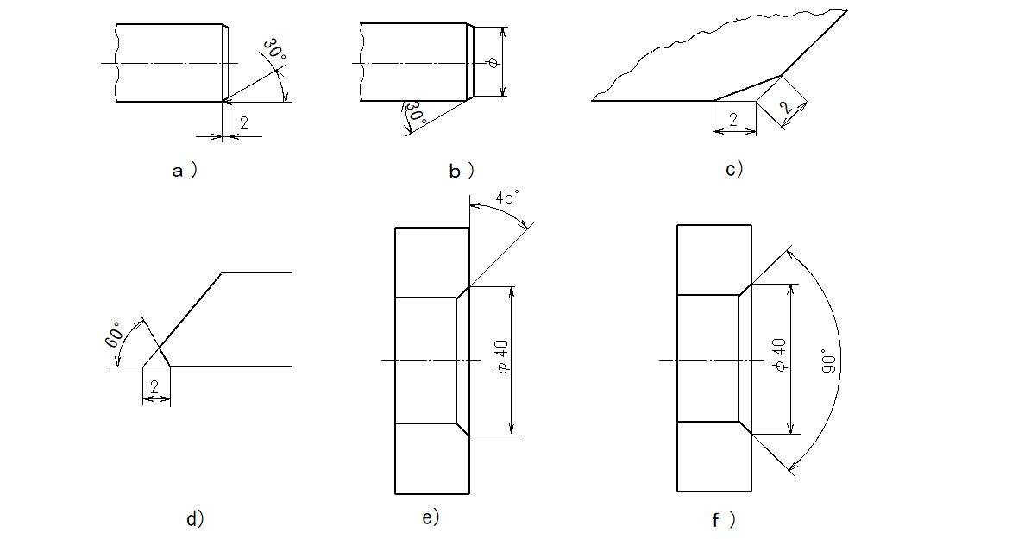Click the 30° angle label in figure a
tap(274, 51)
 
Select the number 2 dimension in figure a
tap(243, 122)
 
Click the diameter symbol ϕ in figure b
tap(493, 63)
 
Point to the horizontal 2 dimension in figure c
tap(733, 119)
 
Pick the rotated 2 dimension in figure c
tap(785, 106)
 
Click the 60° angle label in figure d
tap(114, 335)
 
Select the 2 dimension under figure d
tap(154, 387)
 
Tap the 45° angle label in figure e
tap(507, 197)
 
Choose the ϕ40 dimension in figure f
tap(779, 355)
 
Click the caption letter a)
tap(185, 171)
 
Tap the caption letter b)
tap(462, 171)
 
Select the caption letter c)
tap(734, 169)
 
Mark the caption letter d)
tap(195, 518)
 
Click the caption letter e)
tap(431, 517)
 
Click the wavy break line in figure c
tap(719, 49)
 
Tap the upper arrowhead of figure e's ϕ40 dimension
tap(511, 291)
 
